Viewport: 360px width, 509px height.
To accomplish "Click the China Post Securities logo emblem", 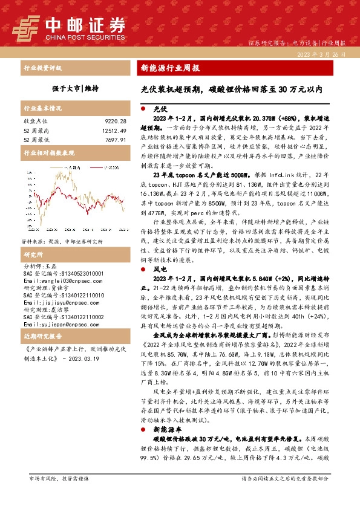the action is [29, 27].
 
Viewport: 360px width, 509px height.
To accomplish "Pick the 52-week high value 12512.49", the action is [113, 131].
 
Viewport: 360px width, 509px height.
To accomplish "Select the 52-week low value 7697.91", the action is [115, 140].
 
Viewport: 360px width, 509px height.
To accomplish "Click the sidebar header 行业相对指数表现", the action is [48, 154].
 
